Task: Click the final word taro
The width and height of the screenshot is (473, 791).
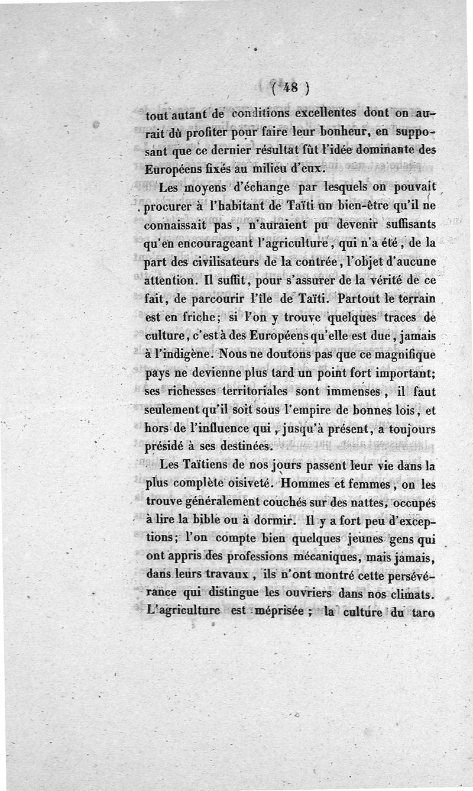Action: pos(422,613)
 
